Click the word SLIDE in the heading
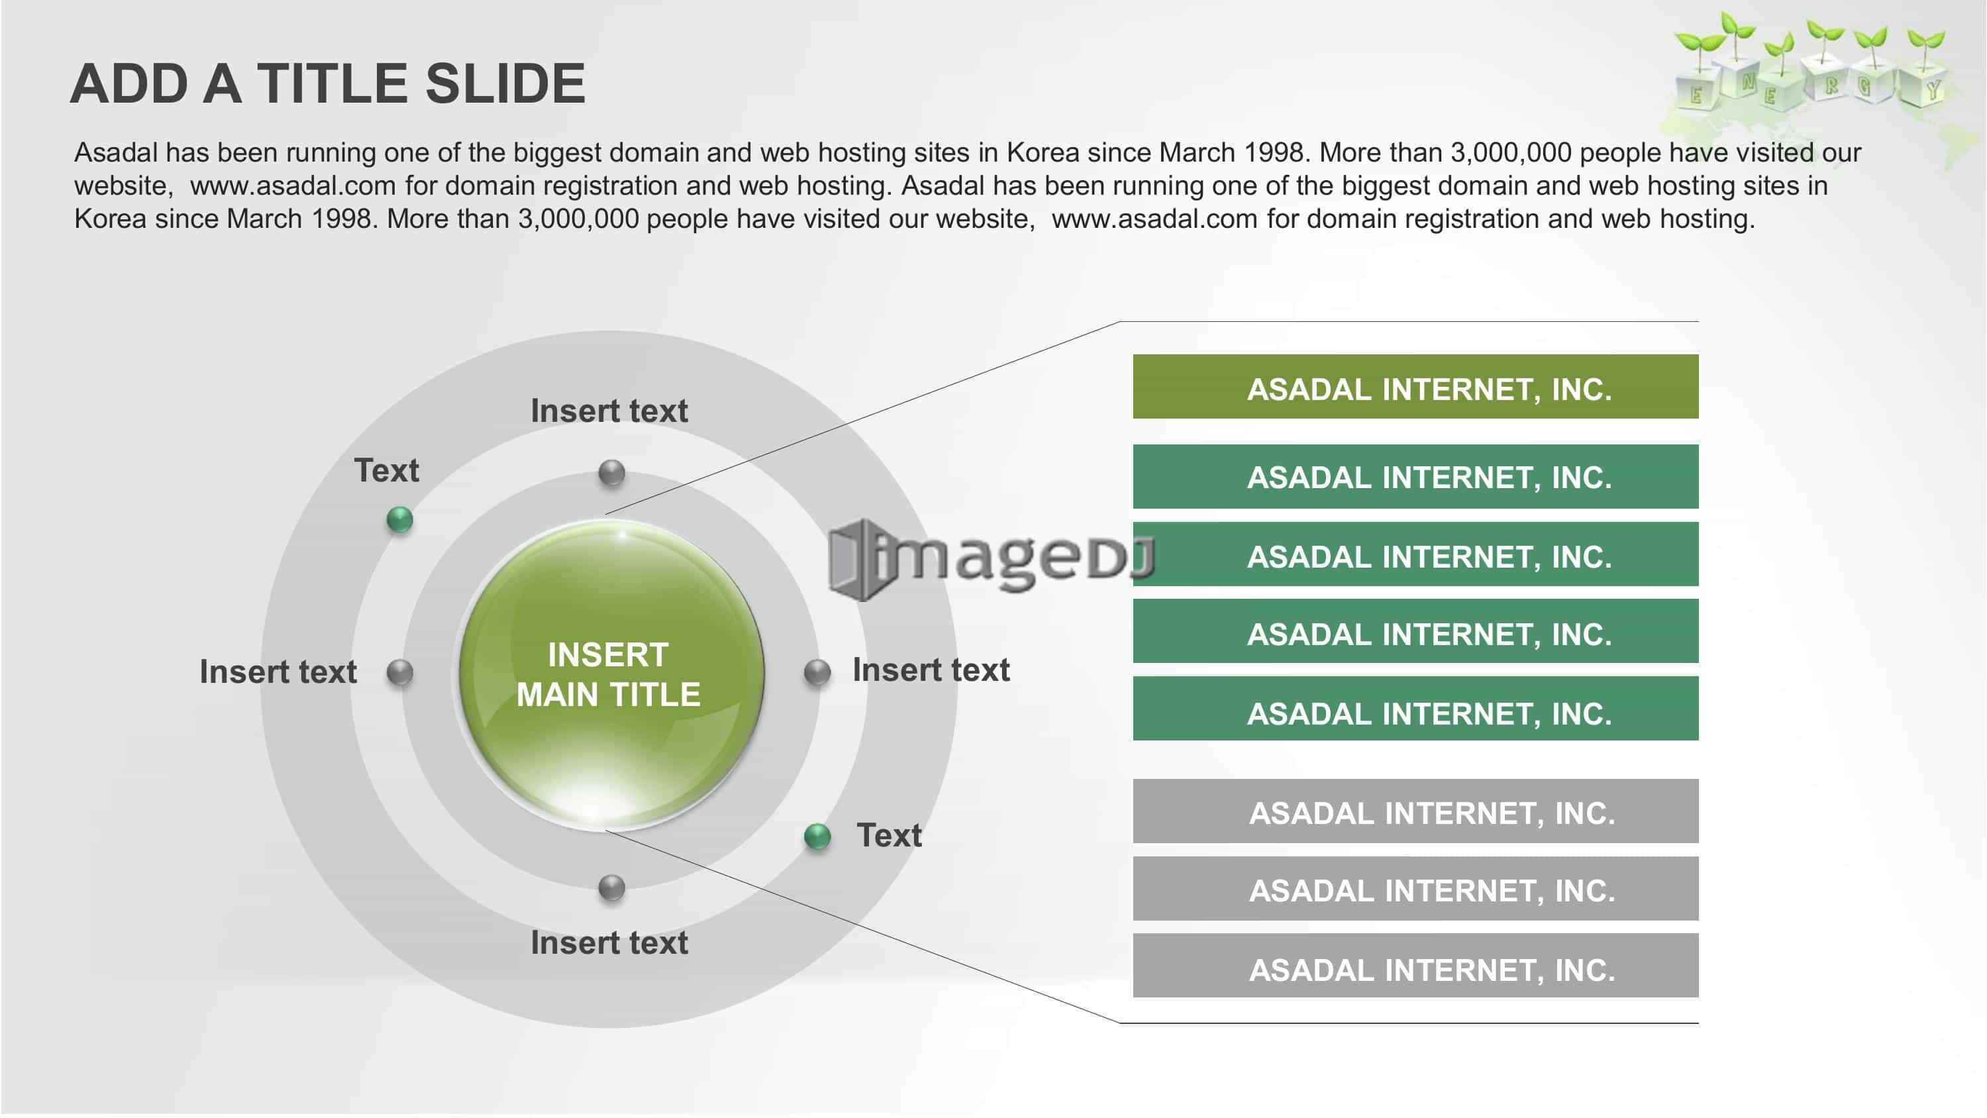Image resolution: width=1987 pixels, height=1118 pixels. (505, 83)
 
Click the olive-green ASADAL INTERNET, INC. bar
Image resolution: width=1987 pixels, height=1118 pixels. (1415, 387)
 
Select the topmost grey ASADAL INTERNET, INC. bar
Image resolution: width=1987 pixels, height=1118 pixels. (1415, 811)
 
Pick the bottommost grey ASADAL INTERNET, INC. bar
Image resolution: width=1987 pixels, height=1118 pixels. (1415, 965)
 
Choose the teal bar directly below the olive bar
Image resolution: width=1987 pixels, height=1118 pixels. (1415, 476)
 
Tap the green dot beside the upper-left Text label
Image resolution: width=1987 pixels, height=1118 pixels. (399, 520)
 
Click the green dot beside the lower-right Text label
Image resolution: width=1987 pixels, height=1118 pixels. (817, 837)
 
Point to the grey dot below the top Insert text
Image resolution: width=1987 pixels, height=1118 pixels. (612, 473)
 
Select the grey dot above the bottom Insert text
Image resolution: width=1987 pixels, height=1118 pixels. (612, 888)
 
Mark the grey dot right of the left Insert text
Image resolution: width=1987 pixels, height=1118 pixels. (399, 673)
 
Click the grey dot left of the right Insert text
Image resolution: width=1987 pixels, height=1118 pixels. (817, 673)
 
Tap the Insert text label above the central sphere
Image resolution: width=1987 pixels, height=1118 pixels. (609, 411)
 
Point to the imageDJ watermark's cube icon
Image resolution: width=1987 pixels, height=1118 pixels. (858, 560)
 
